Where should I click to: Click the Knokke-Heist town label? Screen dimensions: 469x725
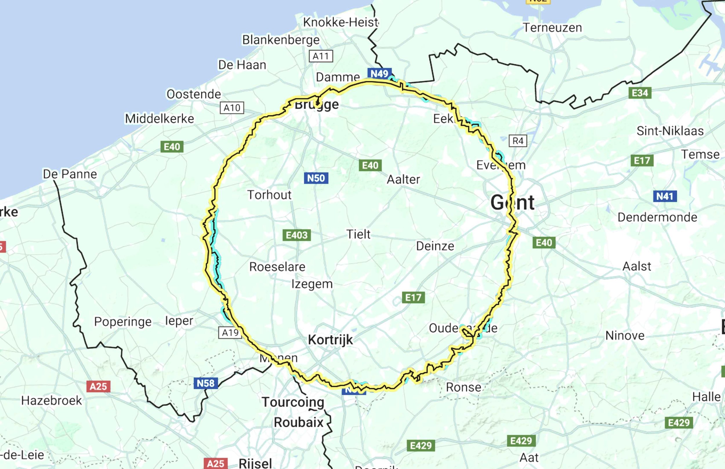pyautogui.click(x=340, y=22)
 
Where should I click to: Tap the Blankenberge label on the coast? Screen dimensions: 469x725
pyautogui.click(x=280, y=40)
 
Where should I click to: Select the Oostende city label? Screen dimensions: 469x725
pyautogui.click(x=194, y=94)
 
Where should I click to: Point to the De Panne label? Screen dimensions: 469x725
pyautogui.click(x=70, y=174)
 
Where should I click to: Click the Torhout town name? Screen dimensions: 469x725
pyautogui.click(x=269, y=195)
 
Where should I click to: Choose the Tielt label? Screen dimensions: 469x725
pyautogui.click(x=358, y=234)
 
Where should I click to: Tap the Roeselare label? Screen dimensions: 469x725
pyautogui.click(x=277, y=267)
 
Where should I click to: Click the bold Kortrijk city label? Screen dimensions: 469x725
pyautogui.click(x=330, y=339)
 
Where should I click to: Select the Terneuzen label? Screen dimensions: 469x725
pyautogui.click(x=552, y=28)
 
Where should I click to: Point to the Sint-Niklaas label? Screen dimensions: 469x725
pyautogui.click(x=670, y=131)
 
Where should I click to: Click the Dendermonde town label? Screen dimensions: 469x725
pyautogui.click(x=657, y=217)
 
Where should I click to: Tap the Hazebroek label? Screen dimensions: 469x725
pyautogui.click(x=52, y=401)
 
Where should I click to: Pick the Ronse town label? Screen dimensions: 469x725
pyautogui.click(x=464, y=387)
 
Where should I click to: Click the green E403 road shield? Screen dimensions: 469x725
pyautogui.click(x=296, y=235)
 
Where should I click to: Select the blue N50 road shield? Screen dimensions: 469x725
pyautogui.click(x=316, y=178)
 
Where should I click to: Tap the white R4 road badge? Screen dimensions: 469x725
pyautogui.click(x=518, y=141)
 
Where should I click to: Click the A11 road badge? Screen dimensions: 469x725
pyautogui.click(x=321, y=56)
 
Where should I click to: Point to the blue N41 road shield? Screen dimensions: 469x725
pyautogui.click(x=665, y=196)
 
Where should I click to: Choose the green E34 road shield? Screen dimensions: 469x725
pyautogui.click(x=640, y=93)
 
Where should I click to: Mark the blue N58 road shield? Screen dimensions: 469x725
pyautogui.click(x=206, y=383)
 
